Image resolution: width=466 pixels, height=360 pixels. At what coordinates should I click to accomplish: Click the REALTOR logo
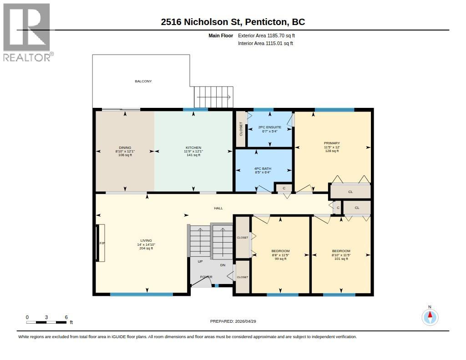pos(27,32)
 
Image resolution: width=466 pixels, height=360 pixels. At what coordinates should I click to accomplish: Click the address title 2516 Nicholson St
pos(233,21)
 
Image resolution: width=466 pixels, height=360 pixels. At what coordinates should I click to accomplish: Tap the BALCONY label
pos(143,81)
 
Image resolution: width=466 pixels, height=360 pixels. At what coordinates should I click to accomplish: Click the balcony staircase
pos(213,97)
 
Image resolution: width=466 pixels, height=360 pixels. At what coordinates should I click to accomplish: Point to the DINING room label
pos(125,151)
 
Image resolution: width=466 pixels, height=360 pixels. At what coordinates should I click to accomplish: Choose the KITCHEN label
pos(193,151)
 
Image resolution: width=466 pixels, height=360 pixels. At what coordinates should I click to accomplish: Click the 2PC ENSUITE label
pos(269,129)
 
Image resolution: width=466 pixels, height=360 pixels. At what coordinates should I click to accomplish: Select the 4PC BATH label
pos(263,170)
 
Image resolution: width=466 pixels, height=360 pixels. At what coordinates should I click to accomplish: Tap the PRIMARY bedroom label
pos(332,147)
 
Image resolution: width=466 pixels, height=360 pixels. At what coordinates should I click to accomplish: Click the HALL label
pos(218,208)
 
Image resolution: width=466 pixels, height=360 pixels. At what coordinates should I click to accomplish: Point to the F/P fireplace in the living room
pos(101,243)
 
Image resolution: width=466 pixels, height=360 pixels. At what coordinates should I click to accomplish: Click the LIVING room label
pos(146,244)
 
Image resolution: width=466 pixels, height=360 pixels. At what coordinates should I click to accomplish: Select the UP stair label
pos(200,261)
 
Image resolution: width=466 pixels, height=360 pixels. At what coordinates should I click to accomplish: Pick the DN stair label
pos(223,265)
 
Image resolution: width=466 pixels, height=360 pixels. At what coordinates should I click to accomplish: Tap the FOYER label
pos(206,277)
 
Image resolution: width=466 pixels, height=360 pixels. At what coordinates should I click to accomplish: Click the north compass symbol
pos(430,316)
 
